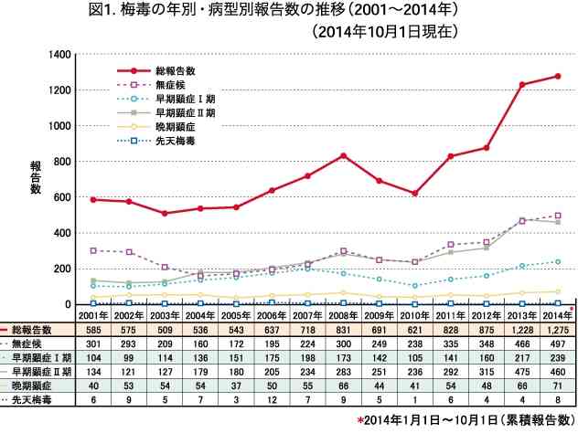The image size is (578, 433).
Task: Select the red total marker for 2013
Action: tap(522, 85)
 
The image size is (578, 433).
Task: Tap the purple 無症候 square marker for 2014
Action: tap(558, 216)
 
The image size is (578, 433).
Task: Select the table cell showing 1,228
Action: tap(522, 330)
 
